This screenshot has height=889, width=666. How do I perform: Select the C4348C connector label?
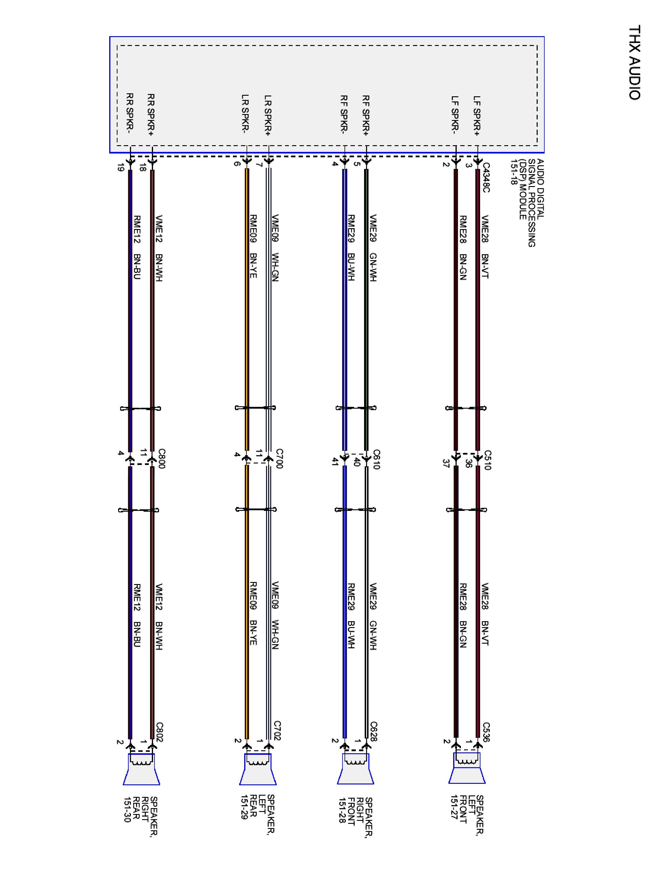486,177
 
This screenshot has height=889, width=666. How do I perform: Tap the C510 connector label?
487,460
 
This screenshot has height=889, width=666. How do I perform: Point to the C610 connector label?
376,459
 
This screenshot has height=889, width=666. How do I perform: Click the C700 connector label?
279,458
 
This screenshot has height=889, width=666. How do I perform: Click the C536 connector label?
486,732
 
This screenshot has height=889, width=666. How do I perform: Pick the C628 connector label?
374,731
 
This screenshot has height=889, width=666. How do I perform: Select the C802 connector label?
159,732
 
